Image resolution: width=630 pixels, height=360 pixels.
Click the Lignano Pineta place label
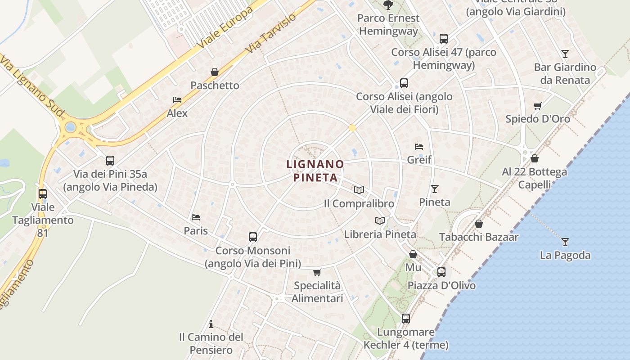click(315, 171)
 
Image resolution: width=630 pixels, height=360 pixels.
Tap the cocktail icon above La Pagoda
click(565, 242)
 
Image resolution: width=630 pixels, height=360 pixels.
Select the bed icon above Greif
click(419, 147)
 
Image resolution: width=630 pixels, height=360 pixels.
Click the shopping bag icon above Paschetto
click(215, 72)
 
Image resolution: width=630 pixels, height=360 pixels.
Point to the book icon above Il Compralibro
click(359, 190)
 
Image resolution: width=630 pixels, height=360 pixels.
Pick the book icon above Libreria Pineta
click(380, 220)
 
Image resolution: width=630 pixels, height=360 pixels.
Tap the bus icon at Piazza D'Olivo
click(441, 272)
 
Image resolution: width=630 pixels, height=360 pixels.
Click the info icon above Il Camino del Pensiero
click(211, 324)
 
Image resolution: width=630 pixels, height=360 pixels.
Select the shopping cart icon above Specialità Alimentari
click(317, 272)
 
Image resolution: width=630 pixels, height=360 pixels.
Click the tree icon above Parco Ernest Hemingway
click(388, 5)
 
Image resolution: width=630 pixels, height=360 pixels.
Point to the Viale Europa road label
click(225, 28)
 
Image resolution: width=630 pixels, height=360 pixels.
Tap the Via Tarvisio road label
click(271, 33)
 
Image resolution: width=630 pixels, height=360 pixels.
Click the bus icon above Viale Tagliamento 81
click(43, 194)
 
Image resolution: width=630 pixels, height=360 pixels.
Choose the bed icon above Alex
click(177, 100)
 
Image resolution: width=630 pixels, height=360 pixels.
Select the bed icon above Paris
click(196, 217)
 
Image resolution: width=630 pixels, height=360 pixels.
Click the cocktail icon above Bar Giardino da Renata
click(565, 54)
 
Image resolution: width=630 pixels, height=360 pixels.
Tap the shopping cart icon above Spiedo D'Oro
click(537, 106)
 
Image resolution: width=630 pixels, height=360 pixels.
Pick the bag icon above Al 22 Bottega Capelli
click(535, 158)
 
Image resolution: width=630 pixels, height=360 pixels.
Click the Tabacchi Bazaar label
click(479, 237)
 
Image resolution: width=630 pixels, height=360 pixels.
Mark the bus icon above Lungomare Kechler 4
click(406, 319)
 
